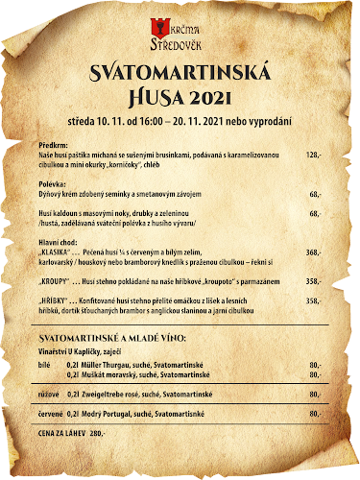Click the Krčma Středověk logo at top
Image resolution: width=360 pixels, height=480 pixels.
click(x=180, y=34)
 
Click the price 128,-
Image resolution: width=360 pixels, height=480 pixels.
click(x=313, y=154)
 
